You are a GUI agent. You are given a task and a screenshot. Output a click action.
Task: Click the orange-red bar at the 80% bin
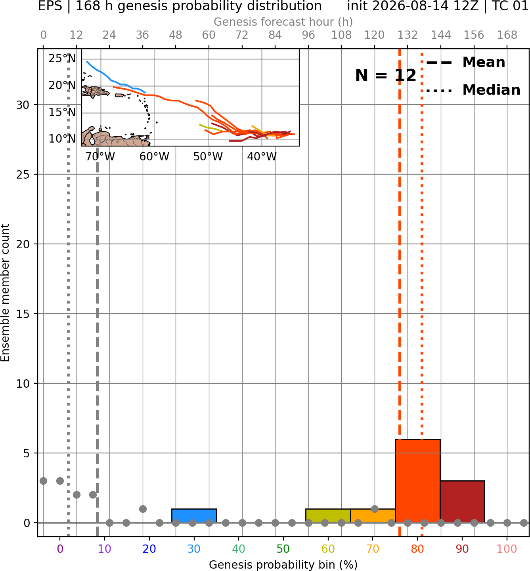(417, 481)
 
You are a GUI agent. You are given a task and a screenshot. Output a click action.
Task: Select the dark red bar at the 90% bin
(462, 501)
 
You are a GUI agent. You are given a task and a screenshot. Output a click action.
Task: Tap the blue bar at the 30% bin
(194, 516)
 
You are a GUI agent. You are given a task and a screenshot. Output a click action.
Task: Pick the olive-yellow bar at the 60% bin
(328, 516)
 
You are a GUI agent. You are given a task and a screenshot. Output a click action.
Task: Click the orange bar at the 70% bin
(373, 516)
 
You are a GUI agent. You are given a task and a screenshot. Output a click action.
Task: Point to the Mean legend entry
(465, 62)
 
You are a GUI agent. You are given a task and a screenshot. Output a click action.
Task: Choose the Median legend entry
(473, 90)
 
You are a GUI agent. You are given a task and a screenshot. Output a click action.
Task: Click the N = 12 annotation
(386, 75)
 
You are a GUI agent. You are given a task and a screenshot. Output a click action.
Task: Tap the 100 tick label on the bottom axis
(507, 549)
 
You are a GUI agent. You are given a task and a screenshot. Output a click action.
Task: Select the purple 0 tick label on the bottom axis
(60, 549)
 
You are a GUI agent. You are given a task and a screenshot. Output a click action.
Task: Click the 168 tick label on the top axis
(507, 35)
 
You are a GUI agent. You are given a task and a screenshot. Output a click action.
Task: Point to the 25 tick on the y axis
(23, 175)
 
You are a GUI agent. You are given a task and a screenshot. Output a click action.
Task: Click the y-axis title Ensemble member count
(5, 293)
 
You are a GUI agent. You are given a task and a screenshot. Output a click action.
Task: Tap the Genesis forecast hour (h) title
(283, 22)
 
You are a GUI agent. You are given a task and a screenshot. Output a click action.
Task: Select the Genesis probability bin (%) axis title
(283, 565)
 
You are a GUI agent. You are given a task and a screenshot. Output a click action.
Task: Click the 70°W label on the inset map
(100, 157)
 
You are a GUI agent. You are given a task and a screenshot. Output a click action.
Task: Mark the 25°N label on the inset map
(62, 58)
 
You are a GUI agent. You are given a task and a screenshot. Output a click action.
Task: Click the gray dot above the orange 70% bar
(375, 509)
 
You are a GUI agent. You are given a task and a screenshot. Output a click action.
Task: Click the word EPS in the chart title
(50, 6)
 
